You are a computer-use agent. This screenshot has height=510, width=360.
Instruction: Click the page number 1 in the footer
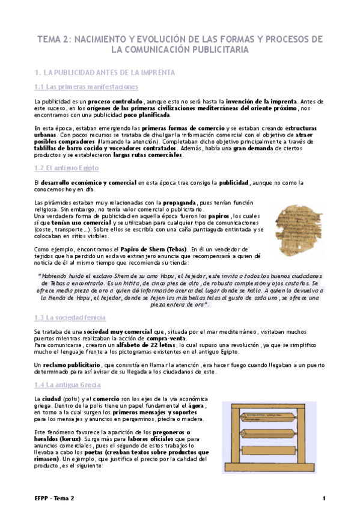pyautogui.click(x=324, y=499)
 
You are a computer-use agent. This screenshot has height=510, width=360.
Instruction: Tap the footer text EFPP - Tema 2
pyautogui.click(x=55, y=499)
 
